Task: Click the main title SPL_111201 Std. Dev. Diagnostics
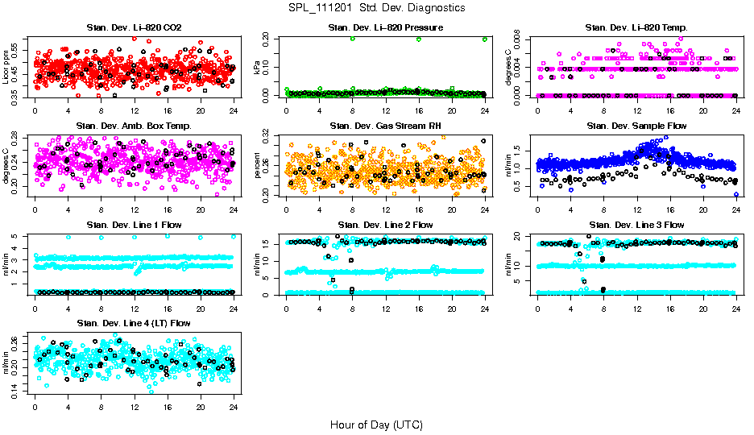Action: [x=376, y=7]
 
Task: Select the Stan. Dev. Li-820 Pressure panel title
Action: [x=386, y=28]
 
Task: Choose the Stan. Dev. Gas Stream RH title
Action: [x=386, y=126]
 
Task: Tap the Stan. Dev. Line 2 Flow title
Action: [x=386, y=224]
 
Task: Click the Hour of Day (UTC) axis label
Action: [x=376, y=424]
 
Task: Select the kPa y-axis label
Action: [x=258, y=68]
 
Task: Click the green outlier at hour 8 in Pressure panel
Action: [x=353, y=39]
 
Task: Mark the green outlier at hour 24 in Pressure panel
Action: [x=485, y=39]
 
